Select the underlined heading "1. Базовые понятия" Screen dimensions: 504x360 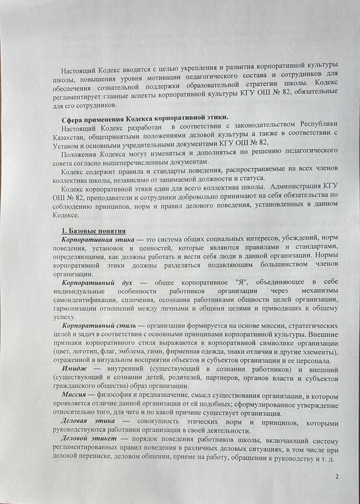pos(94,231)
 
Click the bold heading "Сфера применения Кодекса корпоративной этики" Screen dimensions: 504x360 pos(144,118)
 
